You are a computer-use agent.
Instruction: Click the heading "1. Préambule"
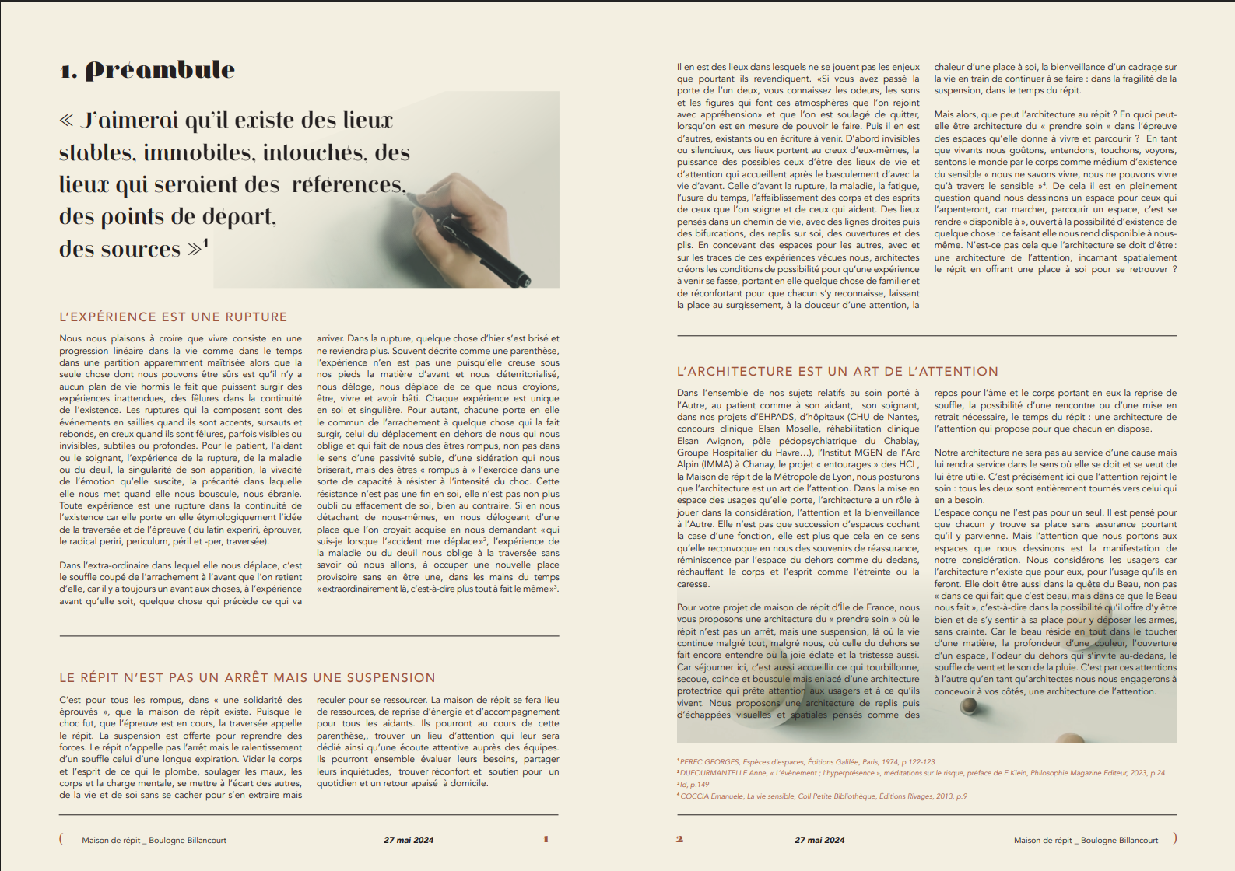tap(148, 70)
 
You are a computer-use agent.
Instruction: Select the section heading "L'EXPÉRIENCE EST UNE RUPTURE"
tap(174, 317)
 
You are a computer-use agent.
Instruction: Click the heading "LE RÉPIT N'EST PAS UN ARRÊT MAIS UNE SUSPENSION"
tap(247, 678)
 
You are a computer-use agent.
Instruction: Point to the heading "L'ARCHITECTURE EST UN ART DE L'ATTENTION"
tap(837, 372)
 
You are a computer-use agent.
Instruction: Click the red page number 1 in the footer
tap(546, 839)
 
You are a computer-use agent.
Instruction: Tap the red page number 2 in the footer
tap(679, 839)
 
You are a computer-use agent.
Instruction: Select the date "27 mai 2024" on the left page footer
tap(409, 840)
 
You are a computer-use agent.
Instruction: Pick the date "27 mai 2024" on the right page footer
tap(819, 840)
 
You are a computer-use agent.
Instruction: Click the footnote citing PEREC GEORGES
tap(806, 762)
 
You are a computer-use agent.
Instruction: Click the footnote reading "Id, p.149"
tap(694, 785)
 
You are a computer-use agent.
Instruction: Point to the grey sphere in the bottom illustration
tap(969, 706)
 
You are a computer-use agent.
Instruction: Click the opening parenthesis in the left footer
tap(61, 838)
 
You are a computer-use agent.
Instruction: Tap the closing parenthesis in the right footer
tap(1175, 838)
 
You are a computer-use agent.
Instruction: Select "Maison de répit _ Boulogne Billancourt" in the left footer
tap(154, 840)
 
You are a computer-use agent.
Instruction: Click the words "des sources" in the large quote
tap(120, 249)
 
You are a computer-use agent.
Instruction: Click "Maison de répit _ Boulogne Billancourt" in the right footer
tap(1086, 840)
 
